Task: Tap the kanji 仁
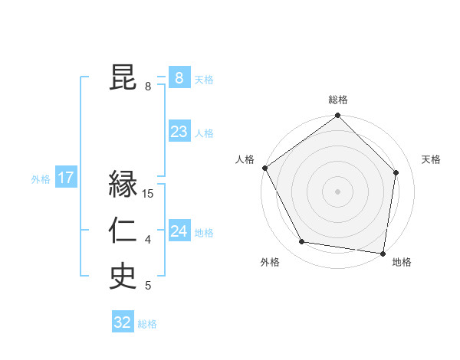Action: click(123, 231)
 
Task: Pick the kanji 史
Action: click(123, 277)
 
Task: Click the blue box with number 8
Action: click(179, 78)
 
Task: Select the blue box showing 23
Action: click(179, 132)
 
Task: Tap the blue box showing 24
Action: click(179, 231)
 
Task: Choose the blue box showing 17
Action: click(66, 178)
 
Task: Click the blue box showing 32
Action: click(123, 322)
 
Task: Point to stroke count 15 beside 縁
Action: click(148, 194)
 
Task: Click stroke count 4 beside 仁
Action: click(148, 241)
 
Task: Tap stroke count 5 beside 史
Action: click(148, 286)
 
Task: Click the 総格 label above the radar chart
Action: click(337, 100)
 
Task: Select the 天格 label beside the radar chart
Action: click(431, 159)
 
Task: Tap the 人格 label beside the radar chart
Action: click(245, 159)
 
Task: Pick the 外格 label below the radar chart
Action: click(270, 262)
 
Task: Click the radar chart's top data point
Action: click(337, 116)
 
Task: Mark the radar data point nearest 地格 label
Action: click(383, 252)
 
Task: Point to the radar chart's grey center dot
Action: click(337, 191)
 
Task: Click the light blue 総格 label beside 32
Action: click(147, 324)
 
